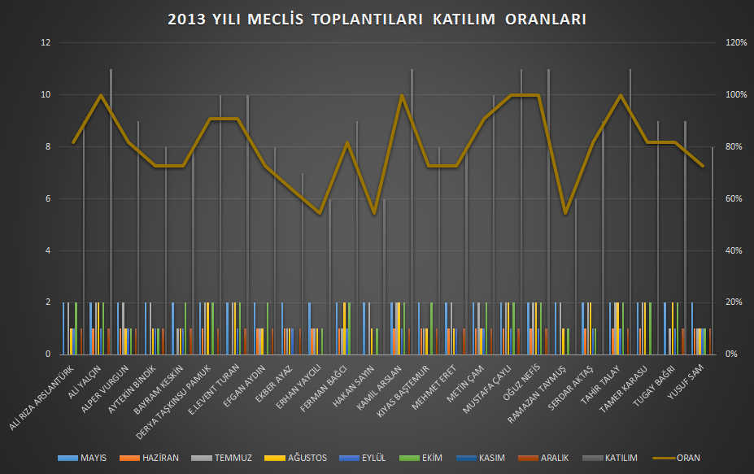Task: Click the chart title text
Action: (377, 20)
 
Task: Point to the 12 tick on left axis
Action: (46, 43)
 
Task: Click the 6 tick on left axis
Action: (47, 199)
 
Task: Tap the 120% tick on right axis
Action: (736, 43)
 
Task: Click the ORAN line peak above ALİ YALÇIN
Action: (101, 95)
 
